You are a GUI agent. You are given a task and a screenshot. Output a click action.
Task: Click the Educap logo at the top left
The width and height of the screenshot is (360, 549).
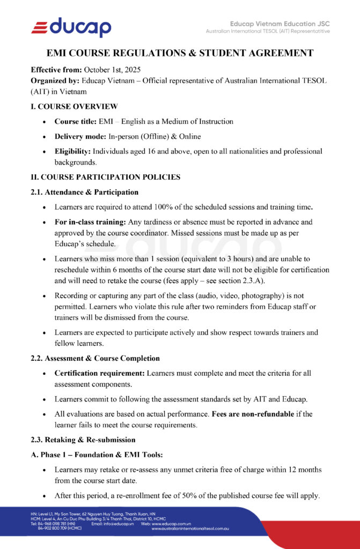71,26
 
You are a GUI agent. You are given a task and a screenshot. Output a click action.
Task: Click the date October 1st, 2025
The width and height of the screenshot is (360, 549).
115,70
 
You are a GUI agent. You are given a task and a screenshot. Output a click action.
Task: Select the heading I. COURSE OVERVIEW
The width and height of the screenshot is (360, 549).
75,106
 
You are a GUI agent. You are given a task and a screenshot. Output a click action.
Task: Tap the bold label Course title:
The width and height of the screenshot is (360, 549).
75,121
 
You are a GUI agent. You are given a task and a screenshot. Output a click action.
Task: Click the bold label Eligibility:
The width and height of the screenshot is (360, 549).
74,151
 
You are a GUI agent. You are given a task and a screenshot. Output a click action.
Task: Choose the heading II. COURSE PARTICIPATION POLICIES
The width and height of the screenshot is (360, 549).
105,177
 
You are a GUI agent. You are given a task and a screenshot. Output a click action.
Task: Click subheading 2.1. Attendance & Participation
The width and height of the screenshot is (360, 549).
84,192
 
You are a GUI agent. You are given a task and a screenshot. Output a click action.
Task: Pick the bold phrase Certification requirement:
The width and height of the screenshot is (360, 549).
99,373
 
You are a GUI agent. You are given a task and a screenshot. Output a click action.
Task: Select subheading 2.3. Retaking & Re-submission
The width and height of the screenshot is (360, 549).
83,440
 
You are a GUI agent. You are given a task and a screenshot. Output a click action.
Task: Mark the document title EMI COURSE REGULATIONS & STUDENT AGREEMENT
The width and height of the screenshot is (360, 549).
180,53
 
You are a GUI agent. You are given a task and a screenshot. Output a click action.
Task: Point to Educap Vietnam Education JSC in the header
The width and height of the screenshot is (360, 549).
280,24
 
